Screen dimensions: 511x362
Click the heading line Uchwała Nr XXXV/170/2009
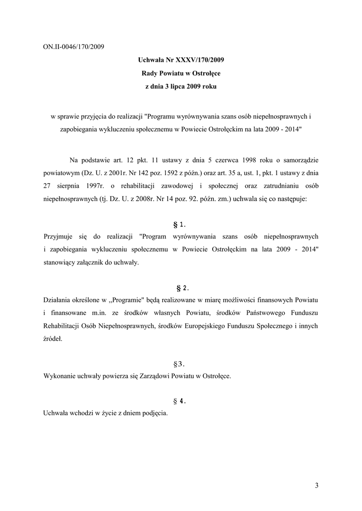coord(181,60)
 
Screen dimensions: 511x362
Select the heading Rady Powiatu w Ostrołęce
coord(181,73)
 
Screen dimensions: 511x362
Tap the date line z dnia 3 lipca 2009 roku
coord(181,86)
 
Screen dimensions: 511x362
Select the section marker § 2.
coord(181,288)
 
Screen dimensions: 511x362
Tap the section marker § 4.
coord(181,401)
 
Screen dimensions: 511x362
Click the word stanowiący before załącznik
coord(61,262)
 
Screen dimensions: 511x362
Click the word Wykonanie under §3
coord(60,376)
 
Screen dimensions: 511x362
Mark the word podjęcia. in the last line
coord(154,414)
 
